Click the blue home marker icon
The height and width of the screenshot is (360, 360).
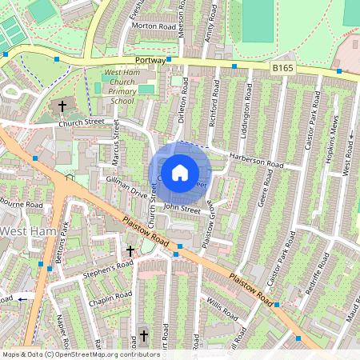coord(180,173)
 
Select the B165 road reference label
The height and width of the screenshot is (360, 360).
coord(282,70)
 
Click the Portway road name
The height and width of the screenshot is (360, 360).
coord(151,60)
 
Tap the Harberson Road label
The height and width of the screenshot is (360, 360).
coord(256,160)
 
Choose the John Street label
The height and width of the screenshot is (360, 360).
coord(180,209)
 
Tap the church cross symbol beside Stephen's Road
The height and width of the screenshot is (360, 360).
coord(130,251)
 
